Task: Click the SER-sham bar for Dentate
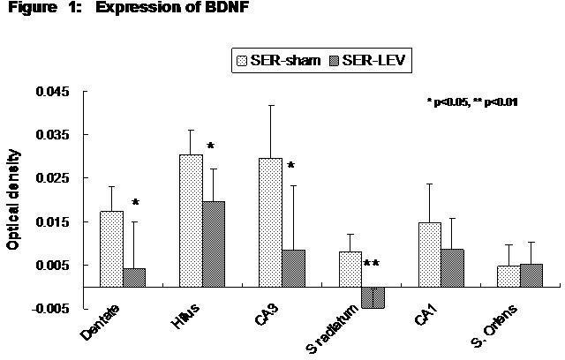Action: [x=111, y=249]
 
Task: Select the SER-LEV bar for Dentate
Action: [x=134, y=277]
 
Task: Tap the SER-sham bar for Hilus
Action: [x=191, y=221]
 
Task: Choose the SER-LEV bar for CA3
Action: [x=293, y=268]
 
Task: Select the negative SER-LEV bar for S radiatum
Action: [x=373, y=297]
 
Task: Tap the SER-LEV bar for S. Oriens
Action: [x=531, y=275]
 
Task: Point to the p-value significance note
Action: [x=471, y=102]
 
